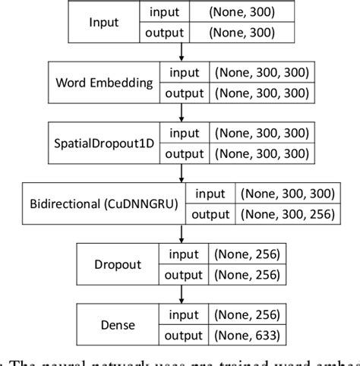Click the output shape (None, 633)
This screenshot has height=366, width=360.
(x=247, y=334)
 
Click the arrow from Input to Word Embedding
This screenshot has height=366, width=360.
(x=182, y=52)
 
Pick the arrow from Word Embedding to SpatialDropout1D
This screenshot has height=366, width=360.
(x=182, y=113)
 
